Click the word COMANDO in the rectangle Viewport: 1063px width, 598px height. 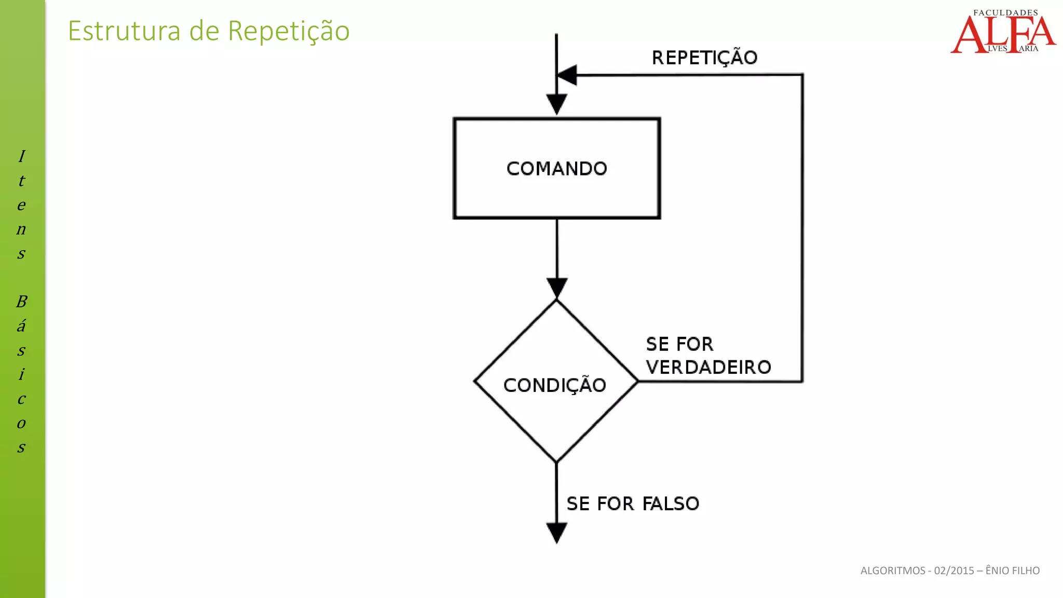(x=556, y=169)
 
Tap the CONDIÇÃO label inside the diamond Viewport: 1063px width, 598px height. (x=554, y=385)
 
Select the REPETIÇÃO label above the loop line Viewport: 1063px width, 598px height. (x=704, y=58)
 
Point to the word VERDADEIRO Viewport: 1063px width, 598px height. (x=708, y=368)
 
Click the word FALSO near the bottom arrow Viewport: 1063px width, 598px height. (x=671, y=504)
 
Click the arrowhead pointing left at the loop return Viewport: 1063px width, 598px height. (x=567, y=75)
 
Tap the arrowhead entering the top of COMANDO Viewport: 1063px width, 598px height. (x=556, y=104)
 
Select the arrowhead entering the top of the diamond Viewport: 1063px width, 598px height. (x=556, y=288)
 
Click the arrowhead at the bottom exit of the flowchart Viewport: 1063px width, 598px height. (x=556, y=533)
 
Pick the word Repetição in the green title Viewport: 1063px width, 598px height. (x=289, y=31)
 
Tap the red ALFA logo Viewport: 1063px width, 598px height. (x=1003, y=34)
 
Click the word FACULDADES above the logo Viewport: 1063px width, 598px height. (x=1005, y=12)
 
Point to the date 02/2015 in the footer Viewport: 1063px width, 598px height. (x=954, y=570)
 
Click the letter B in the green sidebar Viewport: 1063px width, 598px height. (x=21, y=302)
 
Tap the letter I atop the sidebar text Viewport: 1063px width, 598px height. (x=21, y=156)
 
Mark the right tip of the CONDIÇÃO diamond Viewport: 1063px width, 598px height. (x=637, y=382)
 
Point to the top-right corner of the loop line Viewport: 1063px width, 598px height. (x=802, y=75)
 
